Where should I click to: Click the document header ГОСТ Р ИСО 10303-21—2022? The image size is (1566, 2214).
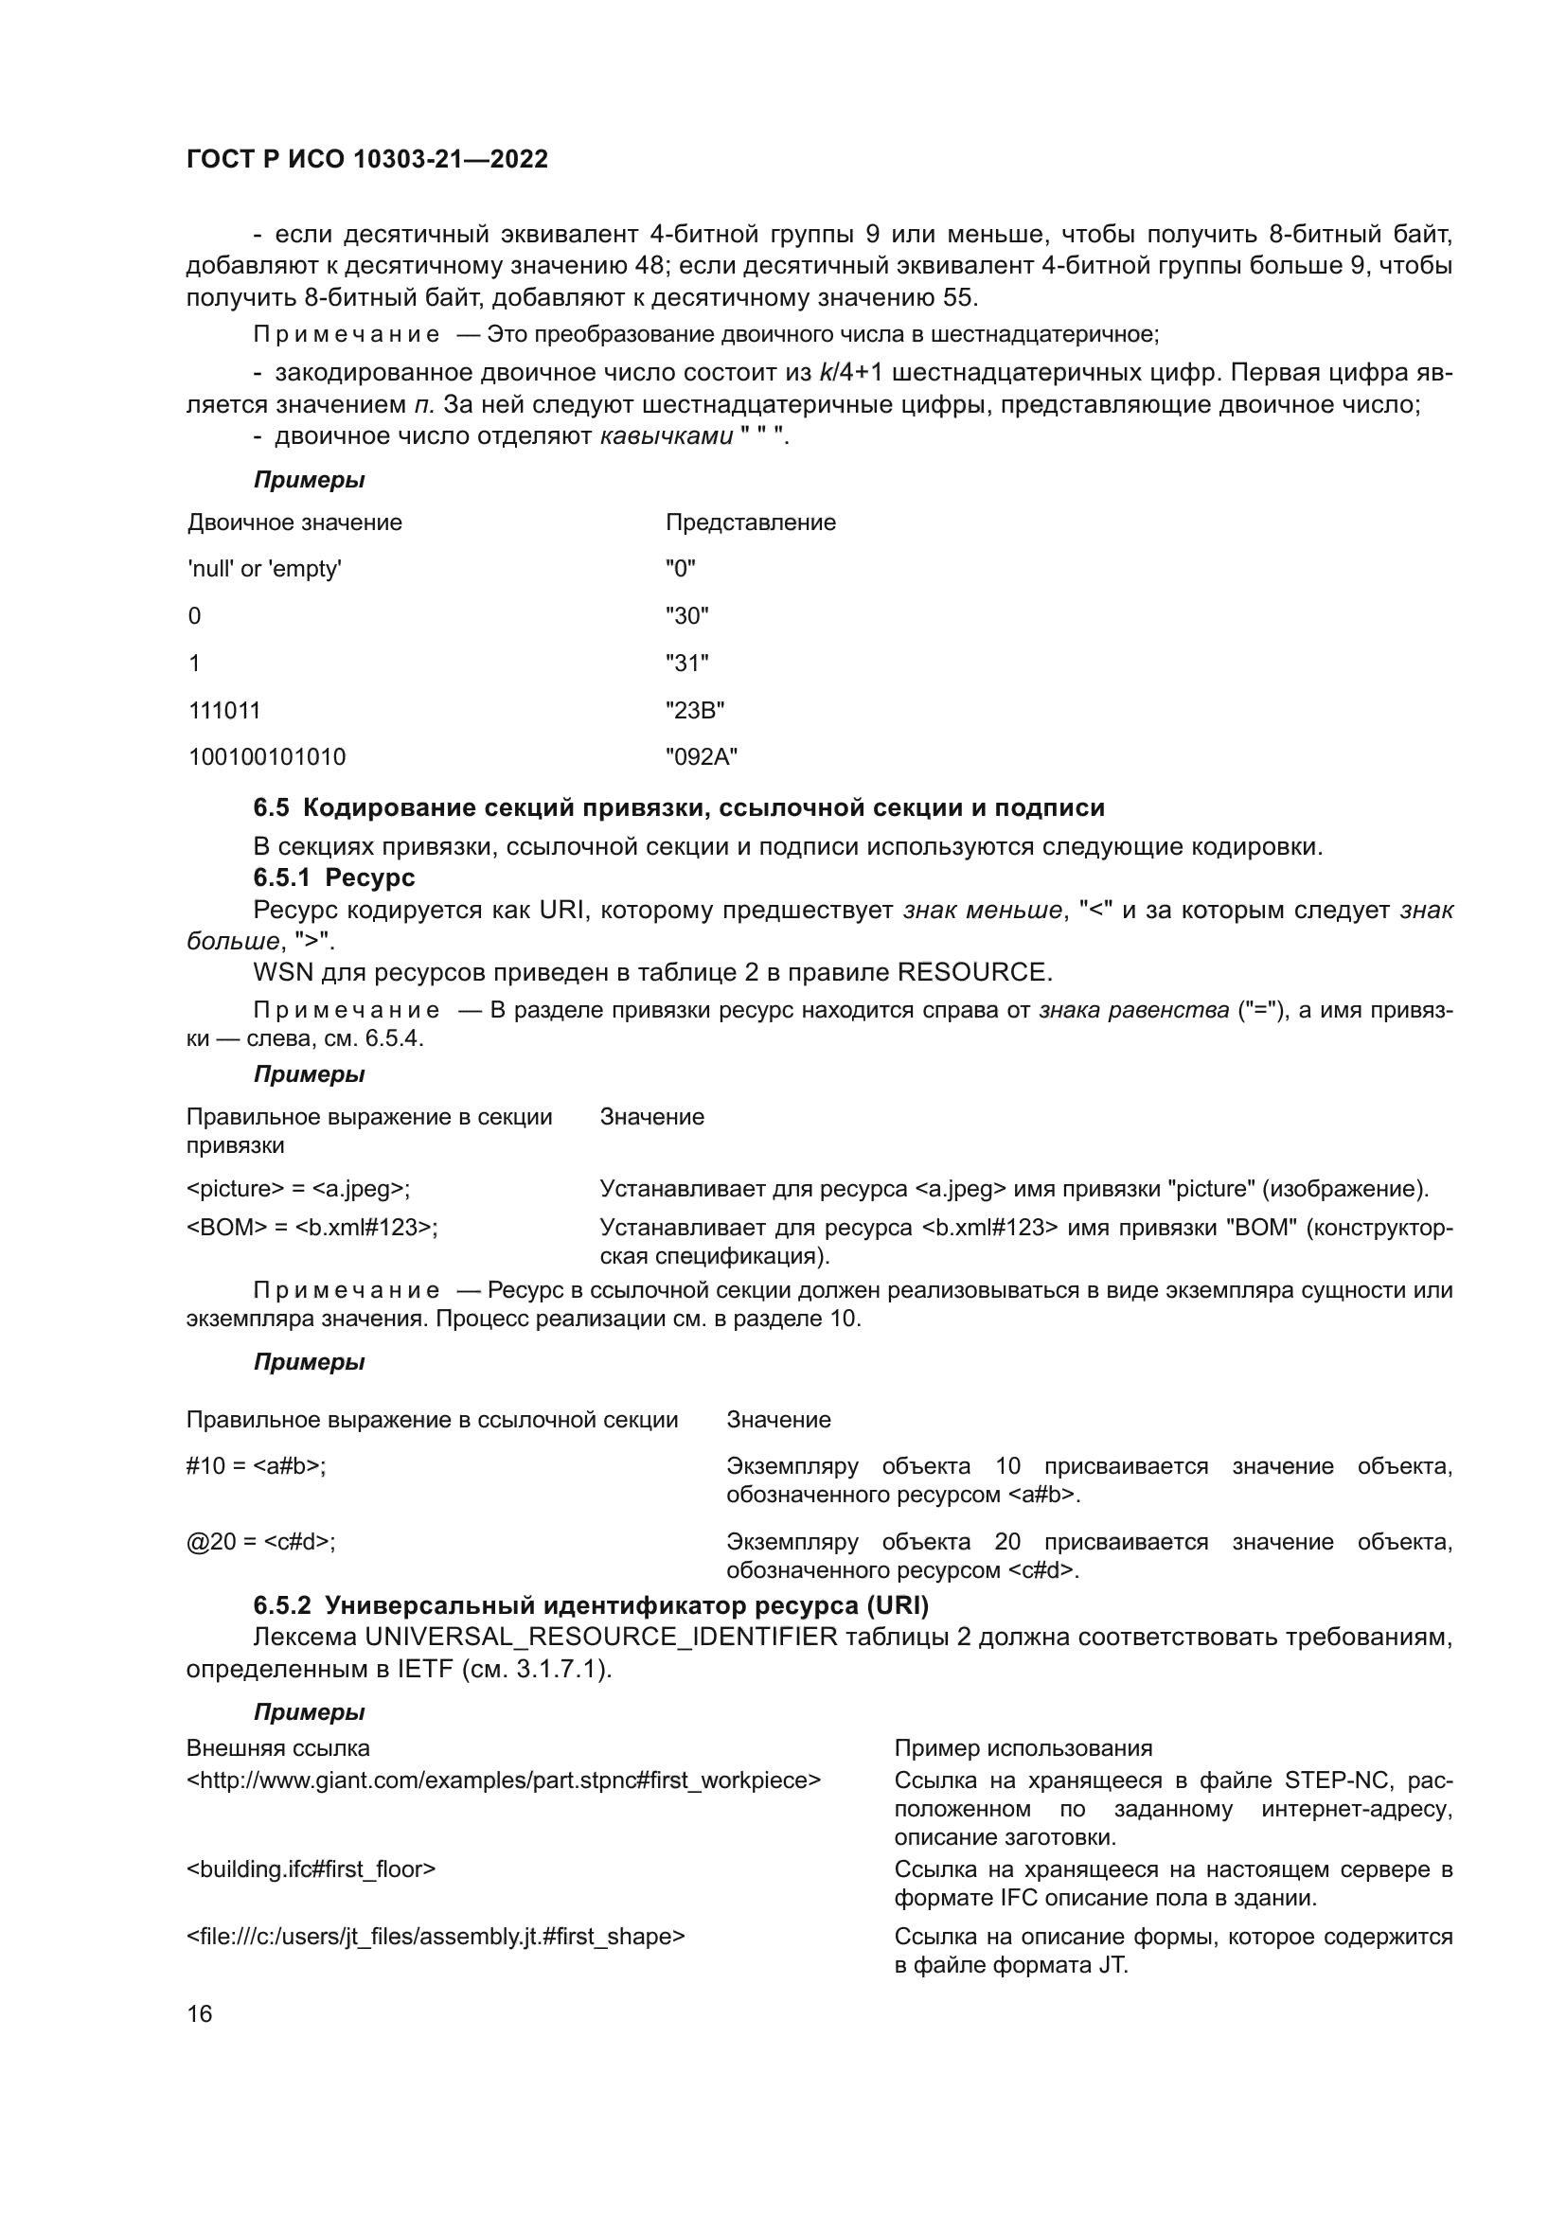pos(366,159)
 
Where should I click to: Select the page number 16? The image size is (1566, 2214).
pos(200,2013)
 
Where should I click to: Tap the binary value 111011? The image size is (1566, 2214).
pos(224,711)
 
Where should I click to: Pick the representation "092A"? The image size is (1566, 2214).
pos(701,757)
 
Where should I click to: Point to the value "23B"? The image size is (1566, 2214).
pos(694,711)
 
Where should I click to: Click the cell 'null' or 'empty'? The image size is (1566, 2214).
pos(264,569)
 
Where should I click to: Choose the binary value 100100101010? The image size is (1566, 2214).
pos(266,757)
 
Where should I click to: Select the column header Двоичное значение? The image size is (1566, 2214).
pos(294,523)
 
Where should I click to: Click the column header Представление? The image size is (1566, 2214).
pos(750,523)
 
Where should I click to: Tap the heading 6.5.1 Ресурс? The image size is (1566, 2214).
pos(333,877)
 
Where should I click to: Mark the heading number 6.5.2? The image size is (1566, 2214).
pos(282,1605)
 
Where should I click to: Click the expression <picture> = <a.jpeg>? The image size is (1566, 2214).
pos(298,1189)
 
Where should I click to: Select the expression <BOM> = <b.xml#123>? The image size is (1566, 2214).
pos(311,1228)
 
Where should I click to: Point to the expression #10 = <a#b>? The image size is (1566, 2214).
pos(256,1466)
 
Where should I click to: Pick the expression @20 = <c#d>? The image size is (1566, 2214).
pos(260,1542)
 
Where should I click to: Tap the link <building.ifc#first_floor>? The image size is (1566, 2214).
pos(311,1869)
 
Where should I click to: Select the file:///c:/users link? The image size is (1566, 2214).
pos(435,1937)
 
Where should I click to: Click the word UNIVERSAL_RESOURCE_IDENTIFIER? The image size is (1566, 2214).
pos(601,1638)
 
